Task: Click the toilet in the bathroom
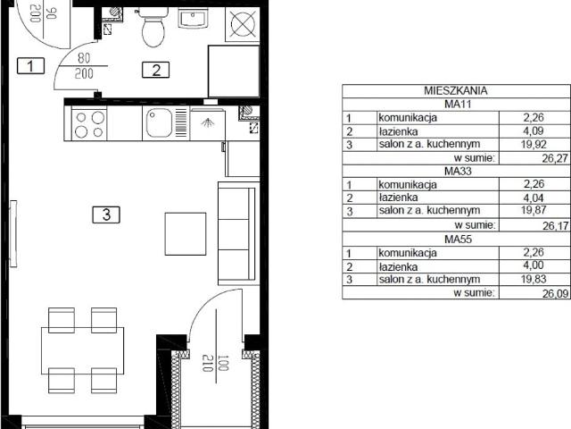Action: (x=153, y=27)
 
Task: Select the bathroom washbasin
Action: (x=193, y=18)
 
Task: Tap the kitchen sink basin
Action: (x=159, y=123)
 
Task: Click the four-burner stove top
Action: (x=89, y=123)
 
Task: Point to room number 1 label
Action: (x=30, y=65)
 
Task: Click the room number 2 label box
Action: (x=156, y=70)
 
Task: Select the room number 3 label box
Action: (x=106, y=214)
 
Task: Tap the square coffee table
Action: (x=186, y=234)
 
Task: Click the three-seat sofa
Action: (x=238, y=232)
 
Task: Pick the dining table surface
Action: (x=82, y=350)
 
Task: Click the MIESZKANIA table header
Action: (x=456, y=90)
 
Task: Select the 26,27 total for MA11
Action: (x=555, y=159)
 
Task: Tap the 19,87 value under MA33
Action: (x=534, y=210)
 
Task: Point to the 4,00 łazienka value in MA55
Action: (x=534, y=265)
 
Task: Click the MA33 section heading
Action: (x=458, y=171)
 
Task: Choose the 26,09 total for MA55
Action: (x=555, y=293)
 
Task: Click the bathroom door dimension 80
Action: (x=84, y=58)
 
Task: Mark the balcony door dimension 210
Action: (x=207, y=364)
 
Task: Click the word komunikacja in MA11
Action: (x=408, y=118)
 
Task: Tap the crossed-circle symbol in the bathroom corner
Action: (x=243, y=24)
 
